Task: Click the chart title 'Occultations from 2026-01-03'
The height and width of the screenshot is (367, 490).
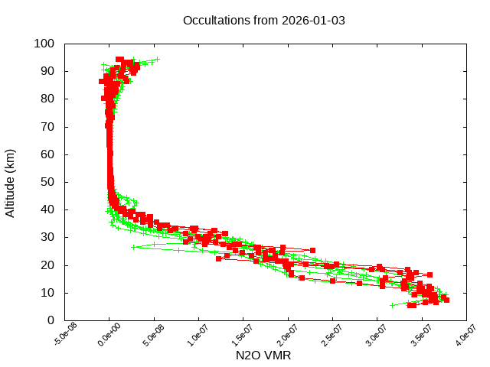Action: point(264,21)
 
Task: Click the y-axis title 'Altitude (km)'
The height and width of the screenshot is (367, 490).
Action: point(10,182)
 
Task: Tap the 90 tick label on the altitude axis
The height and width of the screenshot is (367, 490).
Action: point(47,71)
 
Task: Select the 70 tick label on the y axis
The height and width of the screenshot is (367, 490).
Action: point(47,126)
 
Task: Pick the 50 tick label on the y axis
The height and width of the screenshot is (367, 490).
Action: point(47,182)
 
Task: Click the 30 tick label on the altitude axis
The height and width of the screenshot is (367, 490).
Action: point(47,237)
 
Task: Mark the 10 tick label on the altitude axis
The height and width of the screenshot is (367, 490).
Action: point(47,293)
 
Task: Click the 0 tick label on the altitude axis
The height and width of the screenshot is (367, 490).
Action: point(51,320)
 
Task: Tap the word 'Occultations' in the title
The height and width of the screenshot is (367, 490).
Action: point(217,21)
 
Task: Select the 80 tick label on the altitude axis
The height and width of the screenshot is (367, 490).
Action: point(47,99)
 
